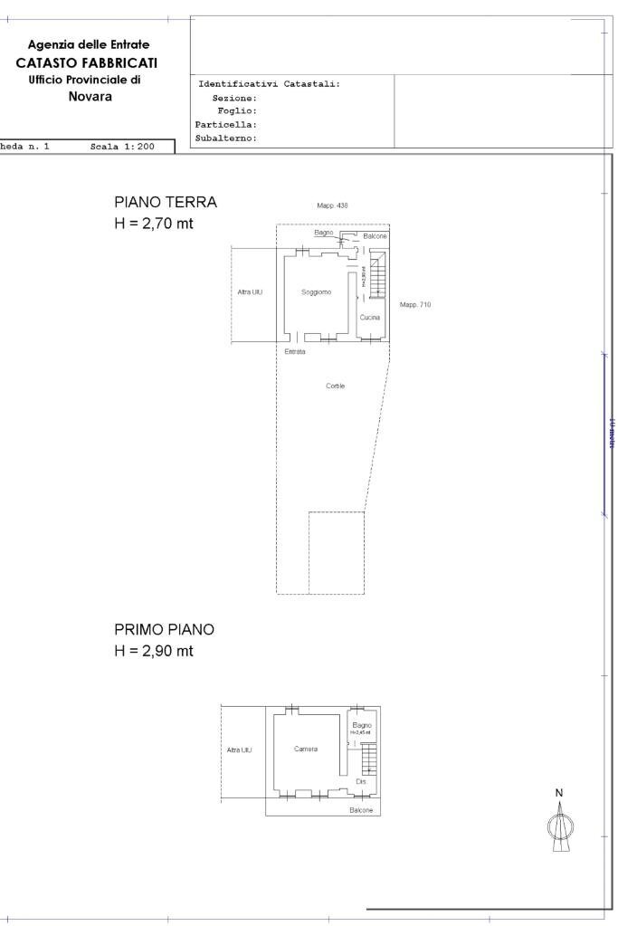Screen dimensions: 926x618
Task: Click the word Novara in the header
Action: [90, 97]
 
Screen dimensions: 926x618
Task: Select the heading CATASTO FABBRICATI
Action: [87, 62]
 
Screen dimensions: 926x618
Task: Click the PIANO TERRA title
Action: [166, 203]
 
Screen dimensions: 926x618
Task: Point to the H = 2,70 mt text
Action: [154, 224]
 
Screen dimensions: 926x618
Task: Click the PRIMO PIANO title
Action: [164, 629]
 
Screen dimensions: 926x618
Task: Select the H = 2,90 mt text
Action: [154, 651]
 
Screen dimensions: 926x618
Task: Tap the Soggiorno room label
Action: [317, 292]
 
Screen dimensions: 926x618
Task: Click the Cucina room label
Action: [369, 318]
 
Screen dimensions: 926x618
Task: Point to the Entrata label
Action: [295, 351]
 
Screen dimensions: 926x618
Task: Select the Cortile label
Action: [336, 387]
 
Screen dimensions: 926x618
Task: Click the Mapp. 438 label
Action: [333, 206]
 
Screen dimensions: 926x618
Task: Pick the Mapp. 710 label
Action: [415, 305]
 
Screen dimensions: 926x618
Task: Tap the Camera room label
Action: [306, 749]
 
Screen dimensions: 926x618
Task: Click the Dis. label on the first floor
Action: [361, 781]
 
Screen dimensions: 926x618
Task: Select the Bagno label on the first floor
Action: [362, 725]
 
